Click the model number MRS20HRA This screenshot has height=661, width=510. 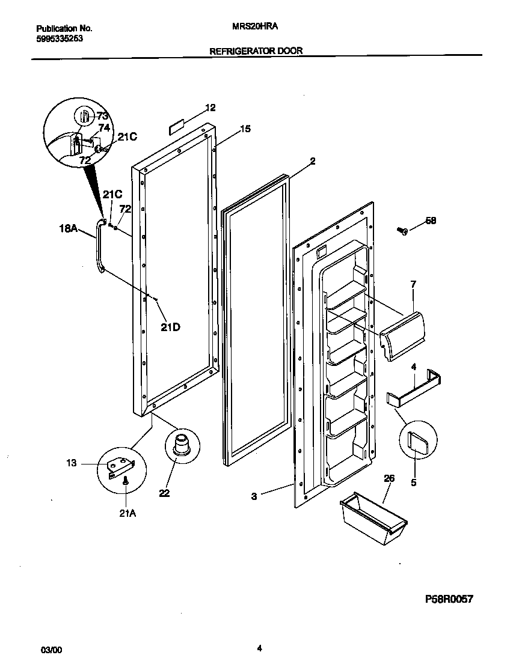point(255,28)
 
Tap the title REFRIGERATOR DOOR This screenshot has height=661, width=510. point(255,52)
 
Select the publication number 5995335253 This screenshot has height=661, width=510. point(60,38)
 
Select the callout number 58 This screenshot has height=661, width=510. point(430,221)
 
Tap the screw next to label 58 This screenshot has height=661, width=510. point(402,230)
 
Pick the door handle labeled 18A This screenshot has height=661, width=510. point(97,246)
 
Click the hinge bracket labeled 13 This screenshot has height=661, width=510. point(120,467)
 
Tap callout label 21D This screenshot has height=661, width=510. point(170,327)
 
